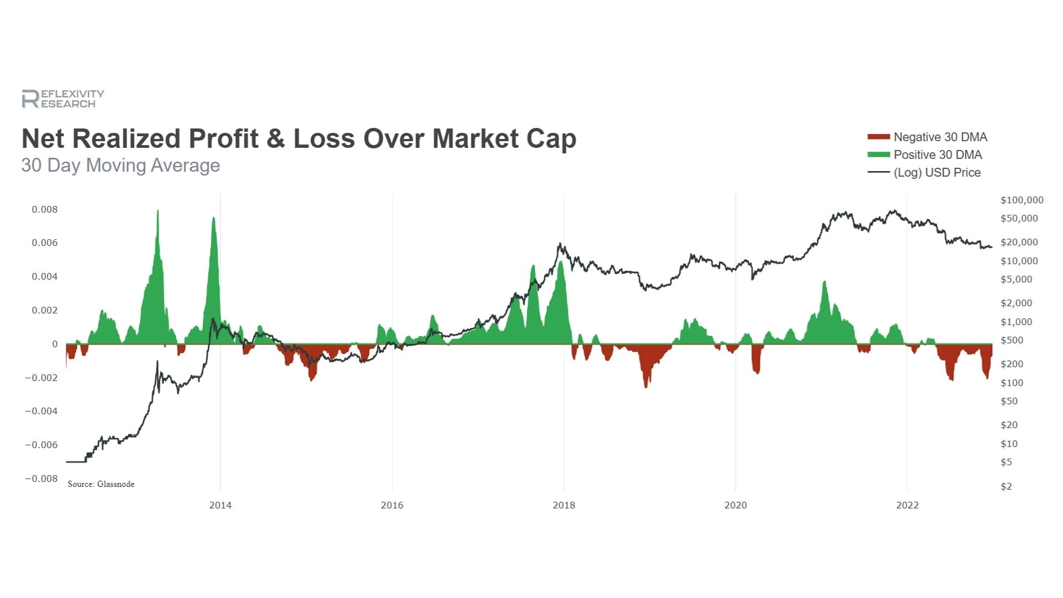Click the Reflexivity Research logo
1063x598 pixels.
(63, 99)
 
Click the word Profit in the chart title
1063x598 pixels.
(223, 138)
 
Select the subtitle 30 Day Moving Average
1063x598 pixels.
(121, 165)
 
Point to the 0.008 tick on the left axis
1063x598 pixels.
(44, 209)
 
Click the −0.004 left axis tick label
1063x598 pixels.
(41, 411)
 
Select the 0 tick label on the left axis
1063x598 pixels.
(55, 344)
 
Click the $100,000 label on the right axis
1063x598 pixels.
(1021, 200)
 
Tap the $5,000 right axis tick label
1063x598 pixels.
(1016, 279)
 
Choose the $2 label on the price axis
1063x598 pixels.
(1006, 486)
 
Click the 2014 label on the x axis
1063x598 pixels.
(220, 505)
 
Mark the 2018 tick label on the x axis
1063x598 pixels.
(564, 505)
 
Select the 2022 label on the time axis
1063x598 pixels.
(907, 505)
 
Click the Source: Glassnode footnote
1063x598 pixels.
(101, 484)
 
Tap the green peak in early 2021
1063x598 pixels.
(824, 283)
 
